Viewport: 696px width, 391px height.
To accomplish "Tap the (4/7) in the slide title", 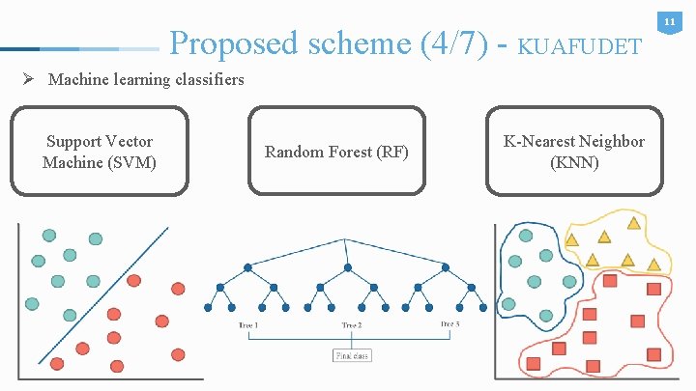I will pos(453,42).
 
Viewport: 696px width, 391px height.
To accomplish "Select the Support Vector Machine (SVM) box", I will pos(100,153).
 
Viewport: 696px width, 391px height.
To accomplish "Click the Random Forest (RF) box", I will pos(336,153).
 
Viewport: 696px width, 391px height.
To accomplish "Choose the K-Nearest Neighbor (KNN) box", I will pos(574,153).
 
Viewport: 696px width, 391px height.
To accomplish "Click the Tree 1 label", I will pos(248,325).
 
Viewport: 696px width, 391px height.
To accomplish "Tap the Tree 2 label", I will pos(352,325).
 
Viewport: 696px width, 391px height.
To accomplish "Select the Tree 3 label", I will pos(449,324).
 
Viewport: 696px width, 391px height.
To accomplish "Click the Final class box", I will pos(352,355).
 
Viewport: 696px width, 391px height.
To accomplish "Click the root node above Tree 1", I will pos(248,265).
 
